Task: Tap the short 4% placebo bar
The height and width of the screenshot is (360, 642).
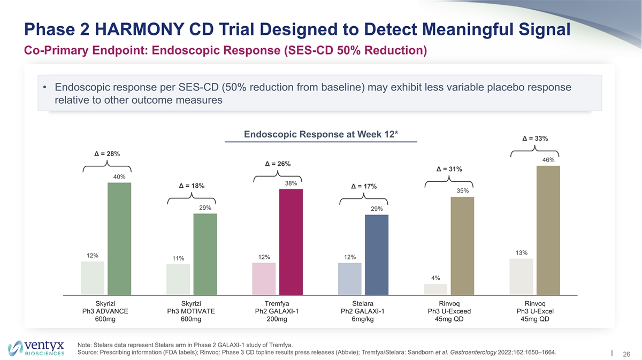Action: [x=435, y=289]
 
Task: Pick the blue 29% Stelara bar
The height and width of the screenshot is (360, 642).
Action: [x=376, y=255]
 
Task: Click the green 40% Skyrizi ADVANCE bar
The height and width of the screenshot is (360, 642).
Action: [x=119, y=239]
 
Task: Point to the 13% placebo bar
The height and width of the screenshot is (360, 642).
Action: [x=521, y=277]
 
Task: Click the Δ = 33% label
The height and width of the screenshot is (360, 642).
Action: [x=534, y=139]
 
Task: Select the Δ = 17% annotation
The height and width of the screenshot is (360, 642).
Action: [x=363, y=186]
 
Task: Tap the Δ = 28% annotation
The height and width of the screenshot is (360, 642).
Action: [x=107, y=154]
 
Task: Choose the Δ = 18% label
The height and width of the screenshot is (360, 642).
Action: [x=192, y=186]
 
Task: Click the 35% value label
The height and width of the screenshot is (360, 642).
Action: [x=463, y=190]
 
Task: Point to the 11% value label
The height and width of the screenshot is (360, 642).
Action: [x=178, y=259]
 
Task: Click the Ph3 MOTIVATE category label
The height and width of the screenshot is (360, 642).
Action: [x=191, y=311]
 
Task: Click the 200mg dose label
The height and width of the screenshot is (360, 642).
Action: [x=277, y=320]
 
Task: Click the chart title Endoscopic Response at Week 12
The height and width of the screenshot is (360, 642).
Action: [x=320, y=134]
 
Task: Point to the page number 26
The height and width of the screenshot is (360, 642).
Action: [x=625, y=354]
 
